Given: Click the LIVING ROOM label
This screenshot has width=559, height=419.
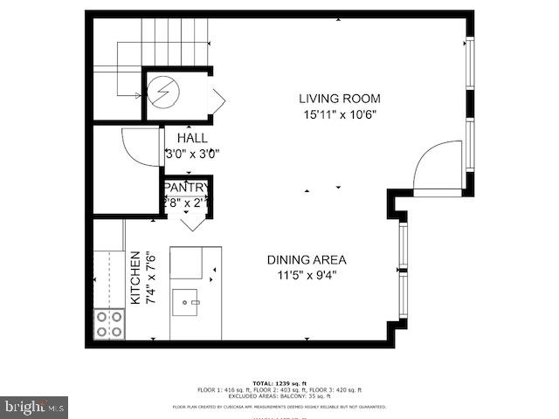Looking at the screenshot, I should click(340, 99).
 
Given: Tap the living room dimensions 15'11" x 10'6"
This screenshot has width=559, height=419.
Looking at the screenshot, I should click(340, 113).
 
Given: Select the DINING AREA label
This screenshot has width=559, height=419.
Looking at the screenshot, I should click(307, 259).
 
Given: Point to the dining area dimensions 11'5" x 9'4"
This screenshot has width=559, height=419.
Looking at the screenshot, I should click(307, 275).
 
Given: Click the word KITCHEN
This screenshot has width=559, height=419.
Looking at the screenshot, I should click(135, 278).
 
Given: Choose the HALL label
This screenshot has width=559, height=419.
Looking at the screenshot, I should click(192, 138).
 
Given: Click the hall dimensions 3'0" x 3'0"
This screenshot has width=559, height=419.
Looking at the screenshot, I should click(192, 154).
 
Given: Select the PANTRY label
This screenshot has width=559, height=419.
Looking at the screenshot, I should click(186, 187).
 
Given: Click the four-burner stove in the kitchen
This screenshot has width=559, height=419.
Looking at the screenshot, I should click(109, 324).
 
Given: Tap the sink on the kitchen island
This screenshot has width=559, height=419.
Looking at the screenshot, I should click(186, 305).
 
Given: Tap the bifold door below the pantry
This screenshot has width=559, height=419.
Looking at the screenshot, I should click(193, 222).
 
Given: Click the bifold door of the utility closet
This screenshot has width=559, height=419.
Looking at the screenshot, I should click(217, 100).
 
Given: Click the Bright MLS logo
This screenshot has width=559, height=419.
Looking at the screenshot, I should click(34, 407).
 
